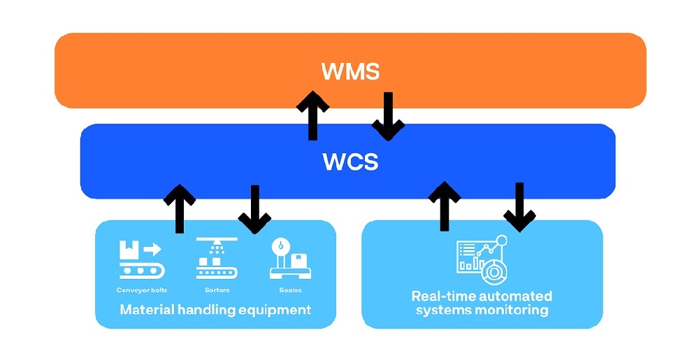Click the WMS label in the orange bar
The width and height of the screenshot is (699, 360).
pyautogui.click(x=350, y=71)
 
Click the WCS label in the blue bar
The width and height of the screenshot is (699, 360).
pyautogui.click(x=350, y=161)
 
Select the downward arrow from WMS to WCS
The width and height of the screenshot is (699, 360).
pyautogui.click(x=388, y=115)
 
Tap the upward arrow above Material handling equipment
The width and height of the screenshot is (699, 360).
pyautogui.click(x=180, y=208)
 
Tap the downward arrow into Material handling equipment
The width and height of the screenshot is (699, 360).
pyautogui.click(x=254, y=208)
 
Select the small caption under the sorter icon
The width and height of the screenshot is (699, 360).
pyautogui.click(x=217, y=289)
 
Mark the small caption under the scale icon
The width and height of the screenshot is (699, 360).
pyautogui.click(x=289, y=289)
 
